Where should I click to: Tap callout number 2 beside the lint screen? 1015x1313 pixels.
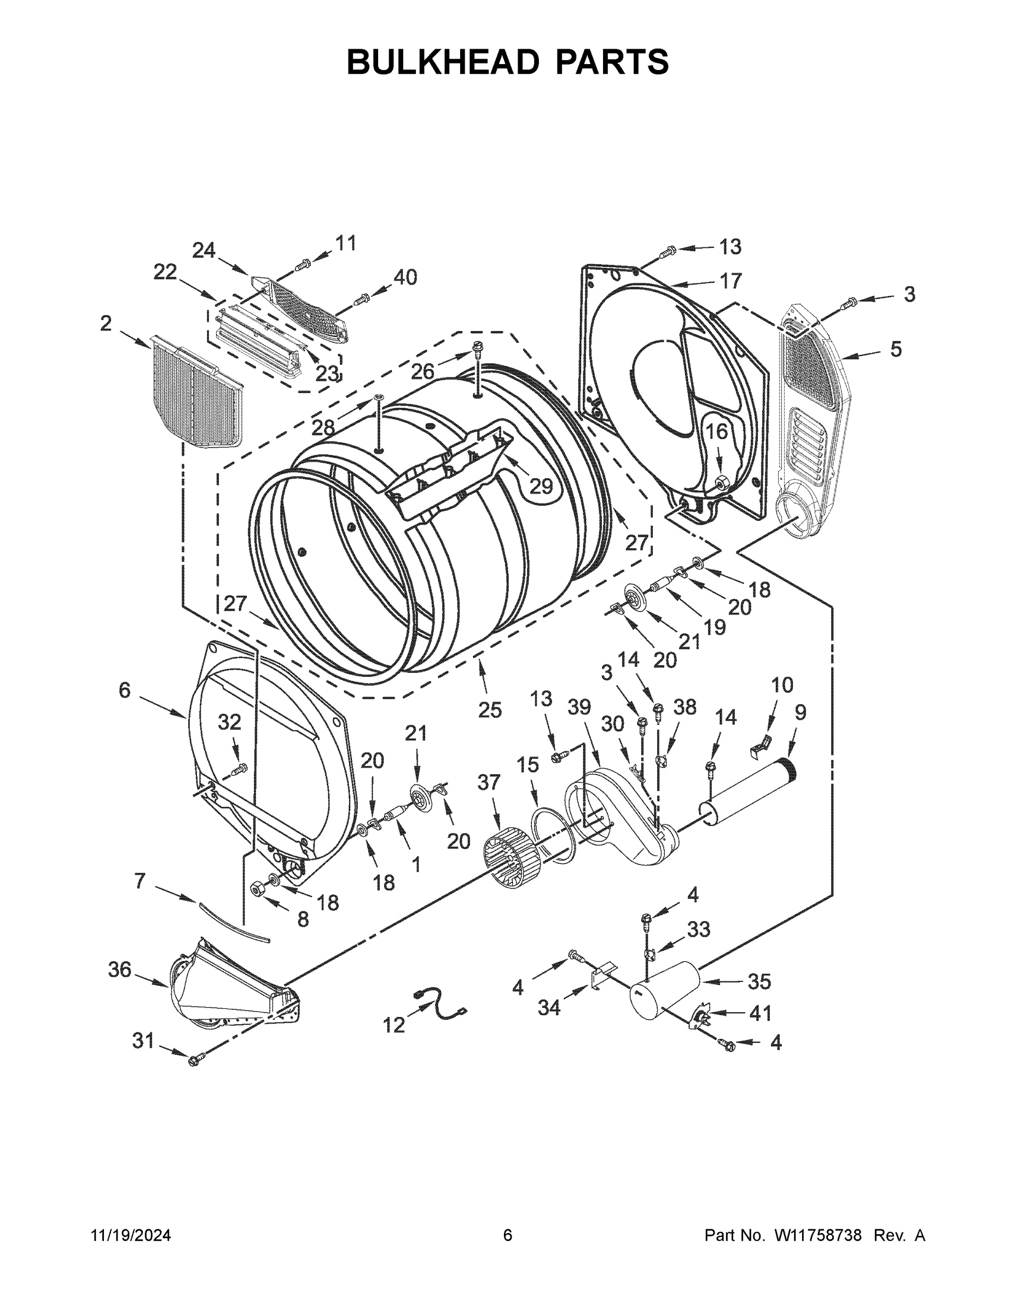tap(106, 324)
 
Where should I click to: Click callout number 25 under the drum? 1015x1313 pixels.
tap(490, 710)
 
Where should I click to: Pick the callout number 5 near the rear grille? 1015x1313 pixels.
tap(896, 348)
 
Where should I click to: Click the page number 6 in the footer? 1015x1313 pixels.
tap(508, 1235)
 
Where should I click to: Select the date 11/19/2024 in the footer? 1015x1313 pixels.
tap(131, 1235)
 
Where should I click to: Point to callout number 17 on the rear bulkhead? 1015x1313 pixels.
tap(730, 280)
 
